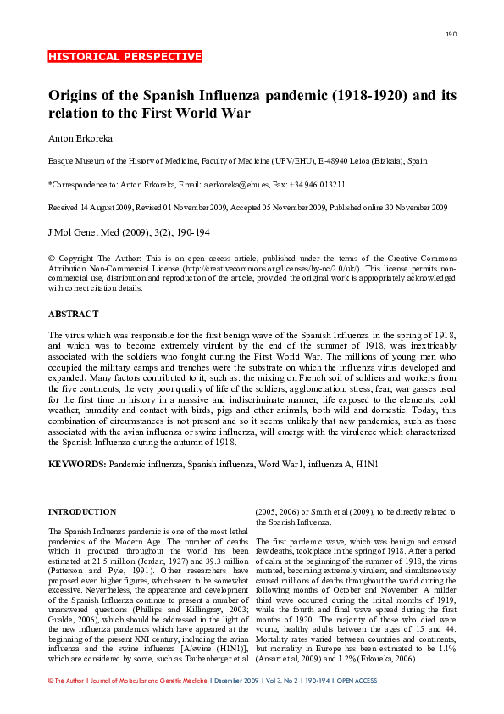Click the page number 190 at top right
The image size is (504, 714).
[451, 34]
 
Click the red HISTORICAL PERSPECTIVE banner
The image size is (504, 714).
[125, 57]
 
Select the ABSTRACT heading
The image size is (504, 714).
[74, 314]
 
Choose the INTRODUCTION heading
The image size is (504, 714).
[82, 512]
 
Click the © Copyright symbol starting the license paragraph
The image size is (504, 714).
[52, 258]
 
